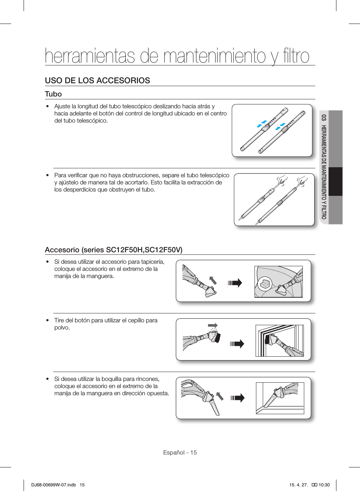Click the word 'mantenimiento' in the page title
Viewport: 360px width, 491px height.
coord(214,56)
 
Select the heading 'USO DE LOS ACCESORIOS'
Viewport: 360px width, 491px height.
coord(97,80)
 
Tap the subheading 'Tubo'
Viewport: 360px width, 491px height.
coord(53,94)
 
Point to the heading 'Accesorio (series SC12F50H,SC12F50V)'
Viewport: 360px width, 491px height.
coord(113,250)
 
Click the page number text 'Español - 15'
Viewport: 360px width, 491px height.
coord(180,452)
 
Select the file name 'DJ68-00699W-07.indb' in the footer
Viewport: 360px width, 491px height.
coord(54,485)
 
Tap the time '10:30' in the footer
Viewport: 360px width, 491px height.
coord(324,485)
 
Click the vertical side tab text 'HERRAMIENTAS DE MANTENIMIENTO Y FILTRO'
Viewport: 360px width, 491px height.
coord(324,172)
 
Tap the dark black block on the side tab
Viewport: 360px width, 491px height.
coord(335,182)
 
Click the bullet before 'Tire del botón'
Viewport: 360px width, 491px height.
coord(47,321)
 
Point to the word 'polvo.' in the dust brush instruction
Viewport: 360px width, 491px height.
coord(62,328)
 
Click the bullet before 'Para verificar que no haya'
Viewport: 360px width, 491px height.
coord(47,175)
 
